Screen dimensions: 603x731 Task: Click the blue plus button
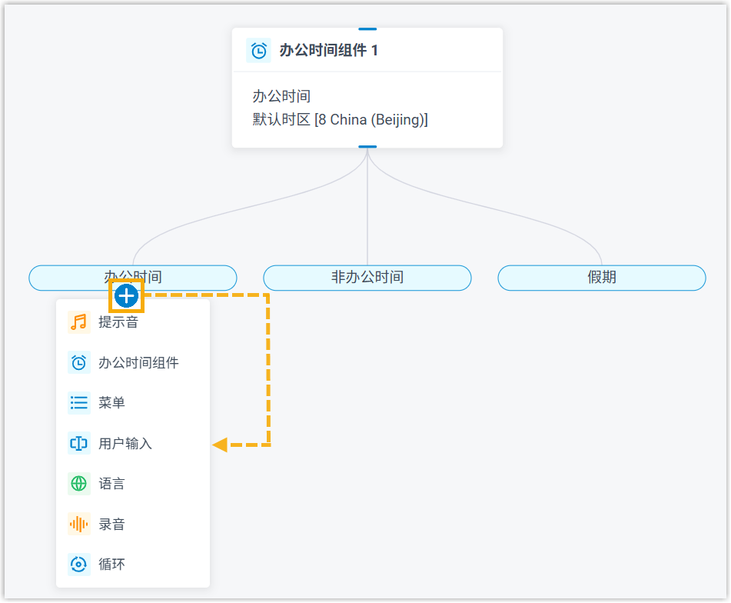pyautogui.click(x=126, y=295)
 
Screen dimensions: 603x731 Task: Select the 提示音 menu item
pyautogui.click(x=118, y=322)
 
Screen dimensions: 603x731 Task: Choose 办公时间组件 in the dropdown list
pyautogui.click(x=138, y=363)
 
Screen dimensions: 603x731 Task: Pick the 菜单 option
pyautogui.click(x=111, y=403)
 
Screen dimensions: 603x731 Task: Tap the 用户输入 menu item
pyautogui.click(x=125, y=444)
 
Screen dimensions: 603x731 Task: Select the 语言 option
pyautogui.click(x=111, y=484)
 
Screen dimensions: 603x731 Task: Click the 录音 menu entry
pyautogui.click(x=111, y=525)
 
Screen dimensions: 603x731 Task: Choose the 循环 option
pyautogui.click(x=111, y=565)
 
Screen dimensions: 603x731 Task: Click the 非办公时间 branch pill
pyautogui.click(x=367, y=278)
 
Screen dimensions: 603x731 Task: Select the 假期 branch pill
pyautogui.click(x=602, y=278)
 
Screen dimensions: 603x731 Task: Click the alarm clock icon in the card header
pyautogui.click(x=259, y=51)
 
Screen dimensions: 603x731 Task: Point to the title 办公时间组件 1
pyautogui.click(x=328, y=51)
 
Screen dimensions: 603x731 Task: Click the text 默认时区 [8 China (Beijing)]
pyautogui.click(x=340, y=120)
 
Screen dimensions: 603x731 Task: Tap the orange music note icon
pyautogui.click(x=78, y=322)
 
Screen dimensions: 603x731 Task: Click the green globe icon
pyautogui.click(x=78, y=484)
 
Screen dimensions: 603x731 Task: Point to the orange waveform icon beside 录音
pyautogui.click(x=78, y=525)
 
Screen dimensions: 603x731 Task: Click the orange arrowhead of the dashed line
pyautogui.click(x=220, y=444)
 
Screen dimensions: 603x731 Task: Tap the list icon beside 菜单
pyautogui.click(x=78, y=403)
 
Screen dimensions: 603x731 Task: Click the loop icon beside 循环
pyautogui.click(x=78, y=565)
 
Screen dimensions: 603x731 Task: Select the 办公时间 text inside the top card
pyautogui.click(x=281, y=97)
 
